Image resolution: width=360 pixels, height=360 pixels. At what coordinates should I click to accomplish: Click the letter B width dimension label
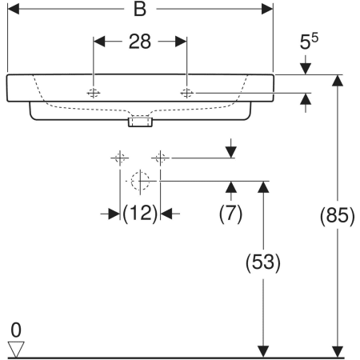[140, 9]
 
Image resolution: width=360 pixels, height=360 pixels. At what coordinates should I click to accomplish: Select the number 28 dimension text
[140, 42]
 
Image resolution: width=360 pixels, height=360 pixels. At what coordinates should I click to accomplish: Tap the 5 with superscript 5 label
[309, 42]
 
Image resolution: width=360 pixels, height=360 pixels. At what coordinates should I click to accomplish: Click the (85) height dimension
[338, 215]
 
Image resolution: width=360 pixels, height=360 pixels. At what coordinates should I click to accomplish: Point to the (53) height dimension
[263, 262]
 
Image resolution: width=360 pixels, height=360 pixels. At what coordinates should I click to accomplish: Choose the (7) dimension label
[230, 214]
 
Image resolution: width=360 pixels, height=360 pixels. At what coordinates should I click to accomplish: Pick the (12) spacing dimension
[140, 214]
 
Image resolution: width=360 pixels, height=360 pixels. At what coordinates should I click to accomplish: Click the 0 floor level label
[16, 330]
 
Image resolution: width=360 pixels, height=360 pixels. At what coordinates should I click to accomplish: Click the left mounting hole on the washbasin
[94, 93]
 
